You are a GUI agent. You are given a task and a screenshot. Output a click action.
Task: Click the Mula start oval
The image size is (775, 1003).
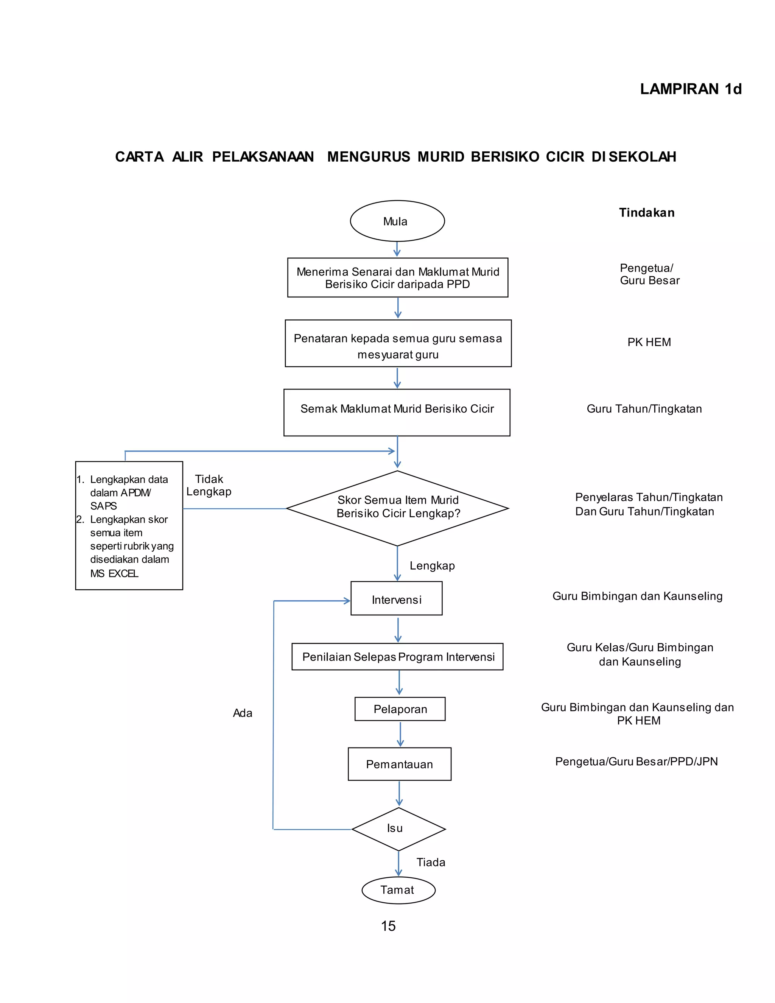(397, 221)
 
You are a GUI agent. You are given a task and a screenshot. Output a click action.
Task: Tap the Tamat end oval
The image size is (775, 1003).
(398, 890)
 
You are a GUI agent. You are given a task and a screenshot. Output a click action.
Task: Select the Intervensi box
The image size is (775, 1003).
(396, 598)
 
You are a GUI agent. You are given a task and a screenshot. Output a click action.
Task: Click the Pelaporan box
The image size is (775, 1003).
(400, 709)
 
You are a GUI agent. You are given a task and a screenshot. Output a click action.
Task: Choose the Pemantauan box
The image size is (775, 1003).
(400, 764)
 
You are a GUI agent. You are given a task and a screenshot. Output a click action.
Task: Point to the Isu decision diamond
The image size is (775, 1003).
(398, 829)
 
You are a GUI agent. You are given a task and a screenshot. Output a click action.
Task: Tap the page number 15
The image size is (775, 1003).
(388, 926)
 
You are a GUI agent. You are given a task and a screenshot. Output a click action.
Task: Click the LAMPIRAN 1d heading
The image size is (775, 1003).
(691, 89)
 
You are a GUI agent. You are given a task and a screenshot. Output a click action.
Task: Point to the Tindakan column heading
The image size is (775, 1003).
(646, 213)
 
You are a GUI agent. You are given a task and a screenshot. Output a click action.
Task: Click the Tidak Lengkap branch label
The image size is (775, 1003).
(209, 486)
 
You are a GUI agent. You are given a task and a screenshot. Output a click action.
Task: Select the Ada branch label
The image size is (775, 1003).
(243, 713)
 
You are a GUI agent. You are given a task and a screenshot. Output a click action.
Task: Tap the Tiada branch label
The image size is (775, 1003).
(431, 862)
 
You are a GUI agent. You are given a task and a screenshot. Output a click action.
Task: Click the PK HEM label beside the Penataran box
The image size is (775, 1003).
(649, 342)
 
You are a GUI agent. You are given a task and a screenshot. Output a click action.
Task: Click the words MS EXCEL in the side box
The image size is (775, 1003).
(114, 573)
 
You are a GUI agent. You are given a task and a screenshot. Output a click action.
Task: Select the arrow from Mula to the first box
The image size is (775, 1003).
(397, 249)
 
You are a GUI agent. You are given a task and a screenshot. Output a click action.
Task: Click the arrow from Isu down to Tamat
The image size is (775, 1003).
(398, 863)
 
